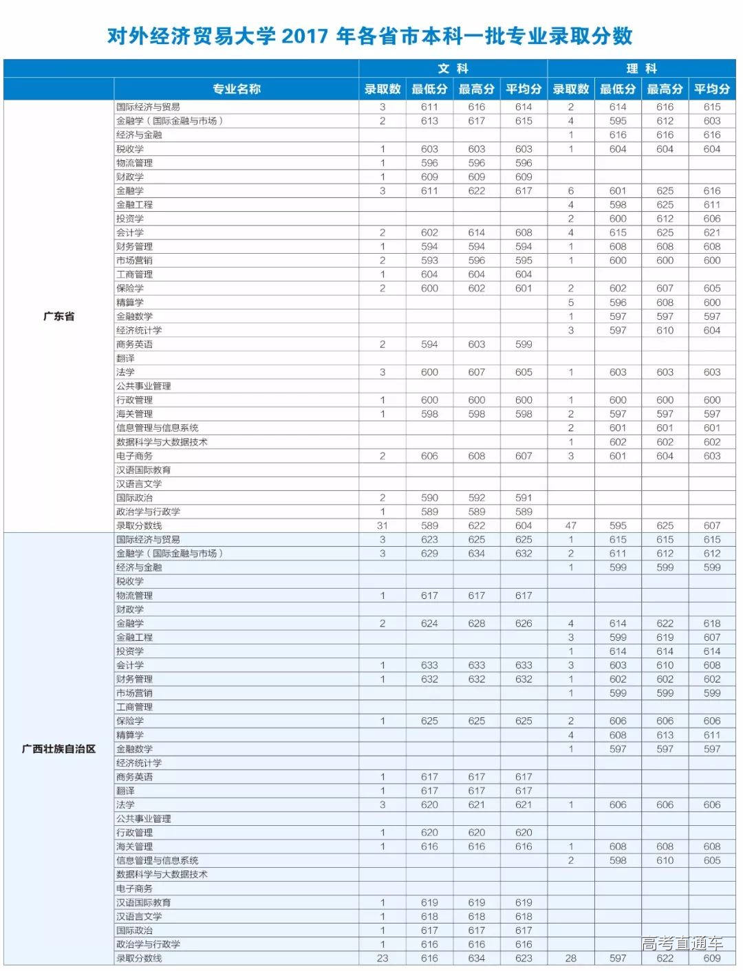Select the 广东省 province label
[58, 316]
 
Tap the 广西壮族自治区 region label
[58, 749]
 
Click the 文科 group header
[453, 69]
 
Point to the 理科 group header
[641, 69]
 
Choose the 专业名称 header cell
[236, 89]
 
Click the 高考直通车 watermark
[682, 943]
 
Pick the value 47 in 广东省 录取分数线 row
[571, 525]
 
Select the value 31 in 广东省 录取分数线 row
[383, 525]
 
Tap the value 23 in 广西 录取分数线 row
[383, 958]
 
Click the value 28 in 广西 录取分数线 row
[571, 958]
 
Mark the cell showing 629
[429, 554]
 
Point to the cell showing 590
[429, 498]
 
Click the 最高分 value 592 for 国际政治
[477, 498]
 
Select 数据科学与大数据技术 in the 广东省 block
[162, 442]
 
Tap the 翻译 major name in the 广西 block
[125, 791]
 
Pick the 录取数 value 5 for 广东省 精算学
[571, 303]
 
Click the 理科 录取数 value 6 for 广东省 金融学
[571, 190]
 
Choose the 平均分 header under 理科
[712, 89]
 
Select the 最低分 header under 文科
[429, 89]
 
